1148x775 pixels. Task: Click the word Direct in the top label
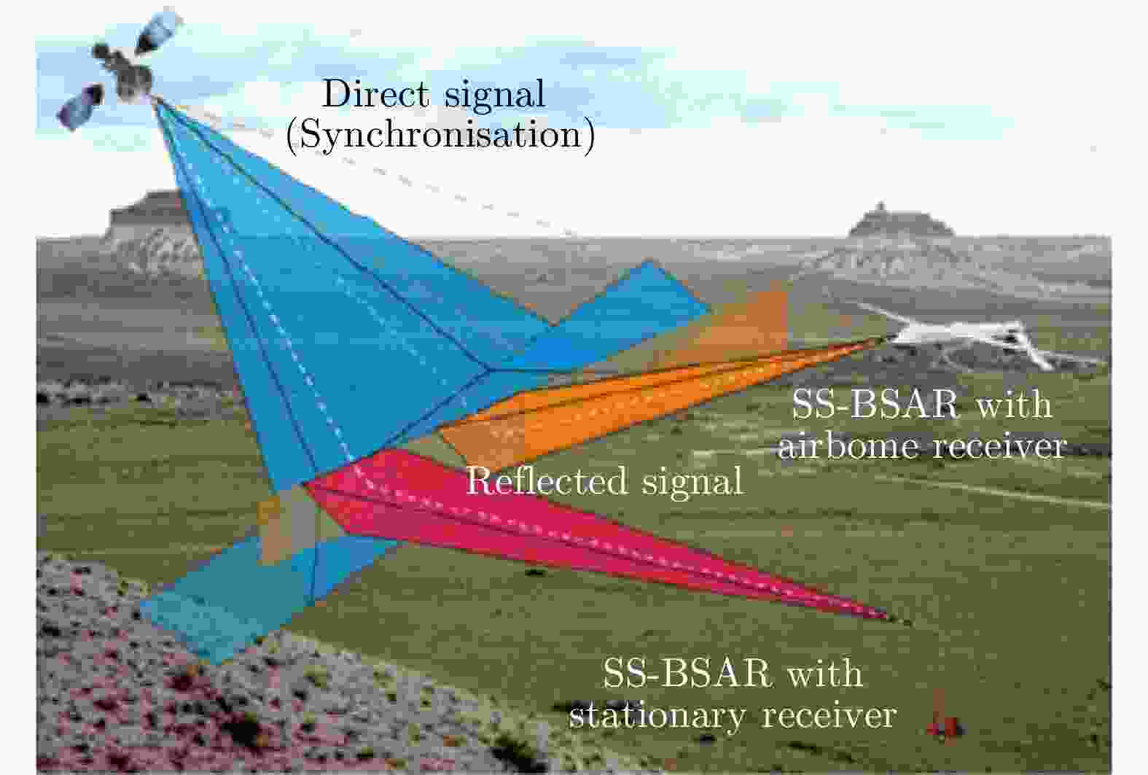[x=375, y=94]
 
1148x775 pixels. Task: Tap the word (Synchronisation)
[x=440, y=136]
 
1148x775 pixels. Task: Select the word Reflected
[x=546, y=480]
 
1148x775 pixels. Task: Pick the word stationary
[x=657, y=715]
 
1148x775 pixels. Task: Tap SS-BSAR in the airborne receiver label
[x=875, y=405]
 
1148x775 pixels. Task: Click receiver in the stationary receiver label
[x=829, y=714]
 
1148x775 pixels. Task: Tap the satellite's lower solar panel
[x=81, y=106]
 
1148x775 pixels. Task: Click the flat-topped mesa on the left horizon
[x=146, y=215]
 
